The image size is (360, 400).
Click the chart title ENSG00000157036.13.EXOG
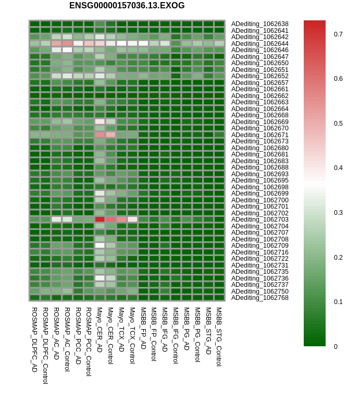[127, 6]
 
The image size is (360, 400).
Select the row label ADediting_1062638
[259, 24]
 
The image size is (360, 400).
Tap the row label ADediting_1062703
[259, 220]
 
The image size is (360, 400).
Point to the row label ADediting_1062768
[259, 298]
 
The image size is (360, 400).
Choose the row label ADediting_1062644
[259, 43]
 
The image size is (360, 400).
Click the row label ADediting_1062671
[259, 135]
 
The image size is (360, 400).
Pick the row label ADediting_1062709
[259, 246]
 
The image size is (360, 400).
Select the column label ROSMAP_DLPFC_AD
[34, 339]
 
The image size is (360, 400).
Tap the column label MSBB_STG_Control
[219, 336]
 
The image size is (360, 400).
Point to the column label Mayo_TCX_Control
[132, 334]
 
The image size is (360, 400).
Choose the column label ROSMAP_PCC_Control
[89, 341]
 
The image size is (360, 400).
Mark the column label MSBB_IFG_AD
[165, 329]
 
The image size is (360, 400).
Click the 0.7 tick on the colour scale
[338, 34]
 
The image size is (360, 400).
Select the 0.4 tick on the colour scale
[338, 168]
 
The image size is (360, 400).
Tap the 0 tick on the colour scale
[336, 346]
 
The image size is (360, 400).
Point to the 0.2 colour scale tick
[338, 257]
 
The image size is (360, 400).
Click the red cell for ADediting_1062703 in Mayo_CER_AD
[100, 220]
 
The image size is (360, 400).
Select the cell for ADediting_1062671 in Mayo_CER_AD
[100, 135]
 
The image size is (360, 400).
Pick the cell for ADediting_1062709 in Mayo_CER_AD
[100, 246]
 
